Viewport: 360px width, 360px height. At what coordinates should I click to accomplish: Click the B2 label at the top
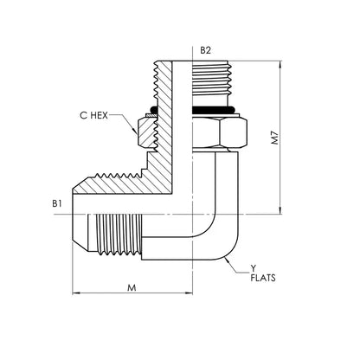pyautogui.click(x=205, y=50)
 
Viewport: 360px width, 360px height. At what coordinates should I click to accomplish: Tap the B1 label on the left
pyautogui.click(x=57, y=203)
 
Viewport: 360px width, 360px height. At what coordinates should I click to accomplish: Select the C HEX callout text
pyautogui.click(x=93, y=115)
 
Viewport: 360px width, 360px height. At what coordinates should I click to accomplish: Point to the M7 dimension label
pyautogui.click(x=276, y=138)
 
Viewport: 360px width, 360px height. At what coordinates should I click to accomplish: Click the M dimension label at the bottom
pyautogui.click(x=132, y=287)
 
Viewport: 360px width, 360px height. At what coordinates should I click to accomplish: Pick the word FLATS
pyautogui.click(x=263, y=278)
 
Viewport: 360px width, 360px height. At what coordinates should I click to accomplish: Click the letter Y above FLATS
pyautogui.click(x=253, y=269)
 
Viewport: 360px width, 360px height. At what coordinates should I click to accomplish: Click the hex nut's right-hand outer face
pyautogui.click(x=234, y=134)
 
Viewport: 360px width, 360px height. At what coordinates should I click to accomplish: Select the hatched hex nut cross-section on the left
pyautogui.click(x=146, y=132)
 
